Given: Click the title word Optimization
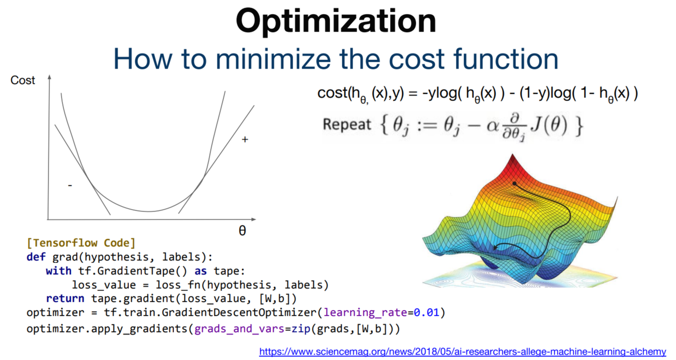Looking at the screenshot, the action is click(x=336, y=21).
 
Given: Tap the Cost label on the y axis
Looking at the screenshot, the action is click(x=23, y=80).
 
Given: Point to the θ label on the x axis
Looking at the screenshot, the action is click(x=242, y=231).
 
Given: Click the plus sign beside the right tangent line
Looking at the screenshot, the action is click(x=245, y=139).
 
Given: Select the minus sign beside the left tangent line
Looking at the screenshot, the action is click(x=70, y=185).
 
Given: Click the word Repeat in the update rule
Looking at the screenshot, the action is click(x=347, y=125).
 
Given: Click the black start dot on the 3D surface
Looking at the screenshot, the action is click(x=515, y=184).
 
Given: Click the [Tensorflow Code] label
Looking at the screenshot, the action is click(x=81, y=243).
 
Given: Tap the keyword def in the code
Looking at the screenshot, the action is click(x=36, y=257).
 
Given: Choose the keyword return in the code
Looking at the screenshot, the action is click(x=65, y=299).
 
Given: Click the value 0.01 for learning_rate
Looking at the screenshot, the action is click(x=427, y=313).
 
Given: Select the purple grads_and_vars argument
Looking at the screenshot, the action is click(x=239, y=329).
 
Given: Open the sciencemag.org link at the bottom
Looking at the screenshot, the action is click(x=463, y=352).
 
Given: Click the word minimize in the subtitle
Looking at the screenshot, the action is click(x=273, y=59).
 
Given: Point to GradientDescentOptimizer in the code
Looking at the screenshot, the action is click(x=239, y=313).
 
